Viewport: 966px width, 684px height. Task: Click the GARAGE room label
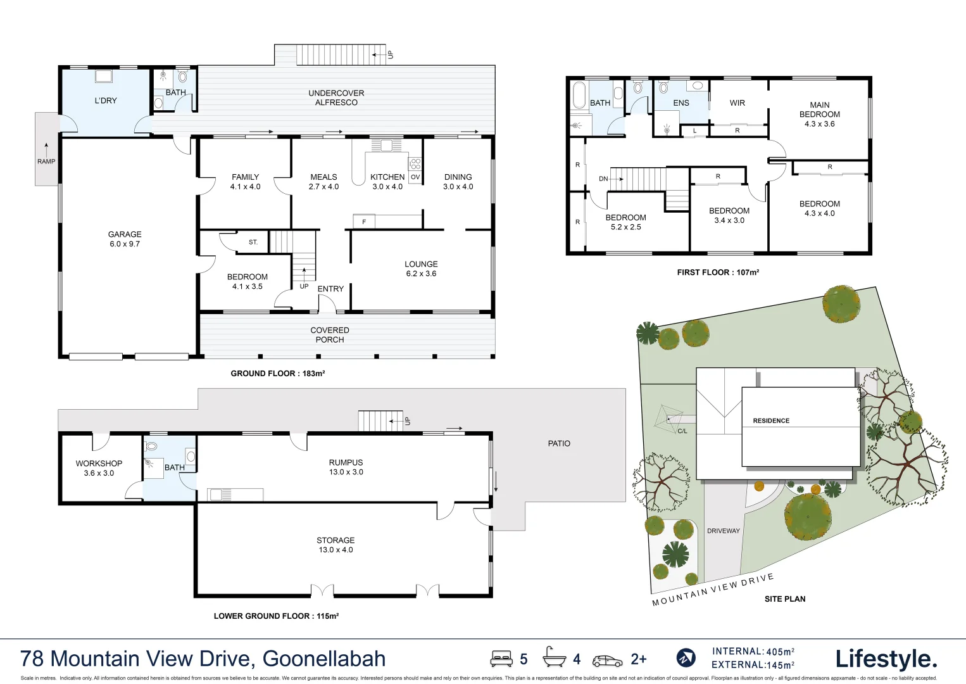click(x=125, y=239)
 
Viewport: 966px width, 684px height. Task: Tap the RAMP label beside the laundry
click(x=46, y=161)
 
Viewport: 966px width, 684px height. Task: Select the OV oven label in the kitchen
click(x=415, y=177)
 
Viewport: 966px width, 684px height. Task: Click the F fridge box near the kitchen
click(x=364, y=222)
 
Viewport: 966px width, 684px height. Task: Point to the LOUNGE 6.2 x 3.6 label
click(x=421, y=269)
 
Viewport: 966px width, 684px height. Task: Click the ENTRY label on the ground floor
click(x=330, y=289)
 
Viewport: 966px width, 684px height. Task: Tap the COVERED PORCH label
click(x=330, y=335)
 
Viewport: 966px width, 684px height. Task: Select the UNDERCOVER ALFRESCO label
click(x=336, y=98)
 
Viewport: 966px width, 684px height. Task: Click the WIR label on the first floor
click(x=737, y=103)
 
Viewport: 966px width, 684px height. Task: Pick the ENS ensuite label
click(x=681, y=103)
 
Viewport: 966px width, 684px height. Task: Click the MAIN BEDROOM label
click(x=819, y=114)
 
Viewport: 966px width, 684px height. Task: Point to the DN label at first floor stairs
click(x=603, y=179)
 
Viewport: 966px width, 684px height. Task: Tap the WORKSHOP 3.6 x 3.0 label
click(x=99, y=468)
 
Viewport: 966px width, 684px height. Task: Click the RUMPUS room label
click(x=346, y=467)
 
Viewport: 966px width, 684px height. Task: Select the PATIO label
click(x=559, y=443)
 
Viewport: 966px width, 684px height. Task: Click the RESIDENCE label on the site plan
click(x=771, y=421)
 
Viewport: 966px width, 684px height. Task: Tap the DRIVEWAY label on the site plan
click(x=723, y=531)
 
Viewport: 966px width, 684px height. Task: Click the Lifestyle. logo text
click(x=886, y=659)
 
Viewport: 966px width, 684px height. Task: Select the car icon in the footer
click(x=607, y=661)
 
